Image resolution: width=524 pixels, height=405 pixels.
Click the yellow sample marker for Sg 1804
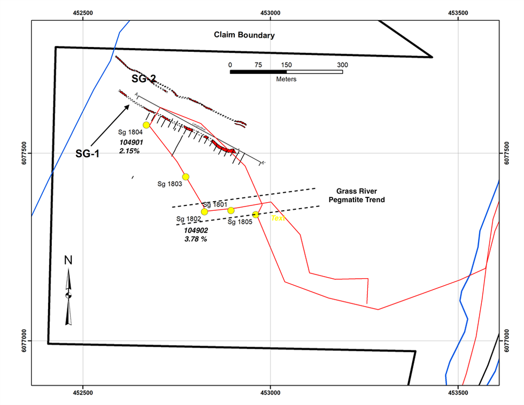click(x=146, y=125)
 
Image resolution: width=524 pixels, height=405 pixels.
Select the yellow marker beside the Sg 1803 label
click(x=186, y=177)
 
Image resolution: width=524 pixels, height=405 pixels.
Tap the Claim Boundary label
click(x=244, y=35)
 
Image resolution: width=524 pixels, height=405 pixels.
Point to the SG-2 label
click(x=144, y=79)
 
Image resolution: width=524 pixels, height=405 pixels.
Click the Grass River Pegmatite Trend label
click(x=360, y=195)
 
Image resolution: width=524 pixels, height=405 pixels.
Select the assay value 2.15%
click(x=130, y=151)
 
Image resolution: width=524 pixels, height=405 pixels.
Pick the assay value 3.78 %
click(x=196, y=239)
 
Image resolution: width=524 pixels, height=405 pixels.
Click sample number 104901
click(x=131, y=142)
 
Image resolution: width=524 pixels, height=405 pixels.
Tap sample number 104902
click(x=196, y=230)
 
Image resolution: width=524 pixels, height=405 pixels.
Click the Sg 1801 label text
click(x=215, y=204)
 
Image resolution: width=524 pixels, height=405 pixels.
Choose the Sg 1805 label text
click(x=240, y=221)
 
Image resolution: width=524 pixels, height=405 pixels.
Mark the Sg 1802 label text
click(x=188, y=219)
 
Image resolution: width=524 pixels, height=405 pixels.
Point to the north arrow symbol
click(x=68, y=294)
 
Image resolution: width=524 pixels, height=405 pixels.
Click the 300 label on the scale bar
click(x=342, y=65)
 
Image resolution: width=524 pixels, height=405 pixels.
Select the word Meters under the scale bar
click(x=286, y=79)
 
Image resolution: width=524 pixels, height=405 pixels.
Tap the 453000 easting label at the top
click(x=271, y=12)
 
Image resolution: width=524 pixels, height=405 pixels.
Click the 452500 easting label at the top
click(x=83, y=12)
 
